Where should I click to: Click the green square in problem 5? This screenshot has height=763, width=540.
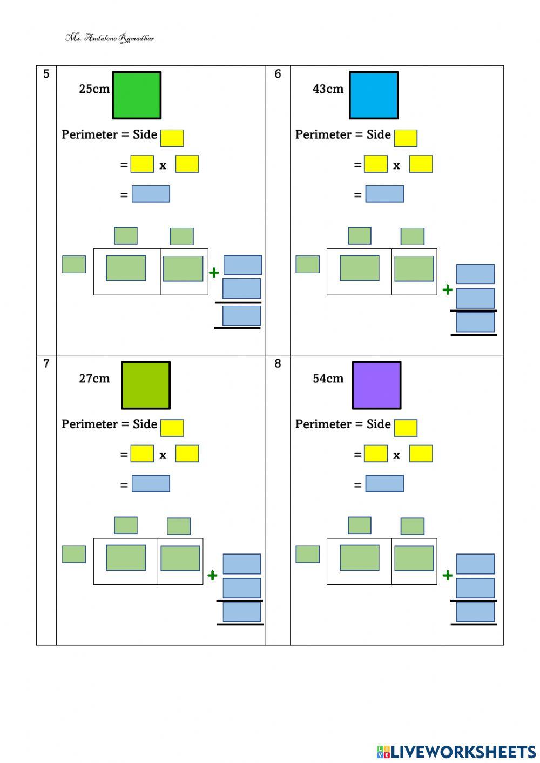pyautogui.click(x=137, y=96)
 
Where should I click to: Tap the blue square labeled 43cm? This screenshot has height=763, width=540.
pyautogui.click(x=374, y=96)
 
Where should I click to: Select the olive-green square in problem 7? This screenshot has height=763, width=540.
pyautogui.click(x=146, y=385)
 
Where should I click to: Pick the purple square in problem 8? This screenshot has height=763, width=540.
pyautogui.click(x=376, y=385)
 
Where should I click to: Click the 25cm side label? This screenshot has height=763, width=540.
pyautogui.click(x=94, y=89)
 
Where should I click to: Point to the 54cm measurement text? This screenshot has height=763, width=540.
pyautogui.click(x=328, y=379)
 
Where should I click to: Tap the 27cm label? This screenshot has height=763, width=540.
pyautogui.click(x=94, y=379)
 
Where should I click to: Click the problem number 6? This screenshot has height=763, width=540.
pyautogui.click(x=278, y=74)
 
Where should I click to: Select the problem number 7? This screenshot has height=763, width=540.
pyautogui.click(x=46, y=363)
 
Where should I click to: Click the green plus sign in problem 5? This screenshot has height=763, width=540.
pyautogui.click(x=214, y=273)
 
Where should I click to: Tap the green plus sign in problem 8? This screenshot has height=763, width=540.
pyautogui.click(x=447, y=576)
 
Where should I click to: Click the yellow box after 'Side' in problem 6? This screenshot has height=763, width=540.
pyautogui.click(x=406, y=138)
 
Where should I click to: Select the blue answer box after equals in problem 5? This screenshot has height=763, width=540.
pyautogui.click(x=151, y=194)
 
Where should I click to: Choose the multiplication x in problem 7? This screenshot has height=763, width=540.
pyautogui.click(x=163, y=455)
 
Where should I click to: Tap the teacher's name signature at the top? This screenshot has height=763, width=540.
pyautogui.click(x=110, y=38)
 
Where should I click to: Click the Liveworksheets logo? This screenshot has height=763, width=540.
pyautogui.click(x=456, y=752)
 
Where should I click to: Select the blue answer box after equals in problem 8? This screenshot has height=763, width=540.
pyautogui.click(x=384, y=483)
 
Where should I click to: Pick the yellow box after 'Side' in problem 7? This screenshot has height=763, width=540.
pyautogui.click(x=172, y=428)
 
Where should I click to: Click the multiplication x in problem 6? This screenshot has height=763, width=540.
pyautogui.click(x=396, y=166)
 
